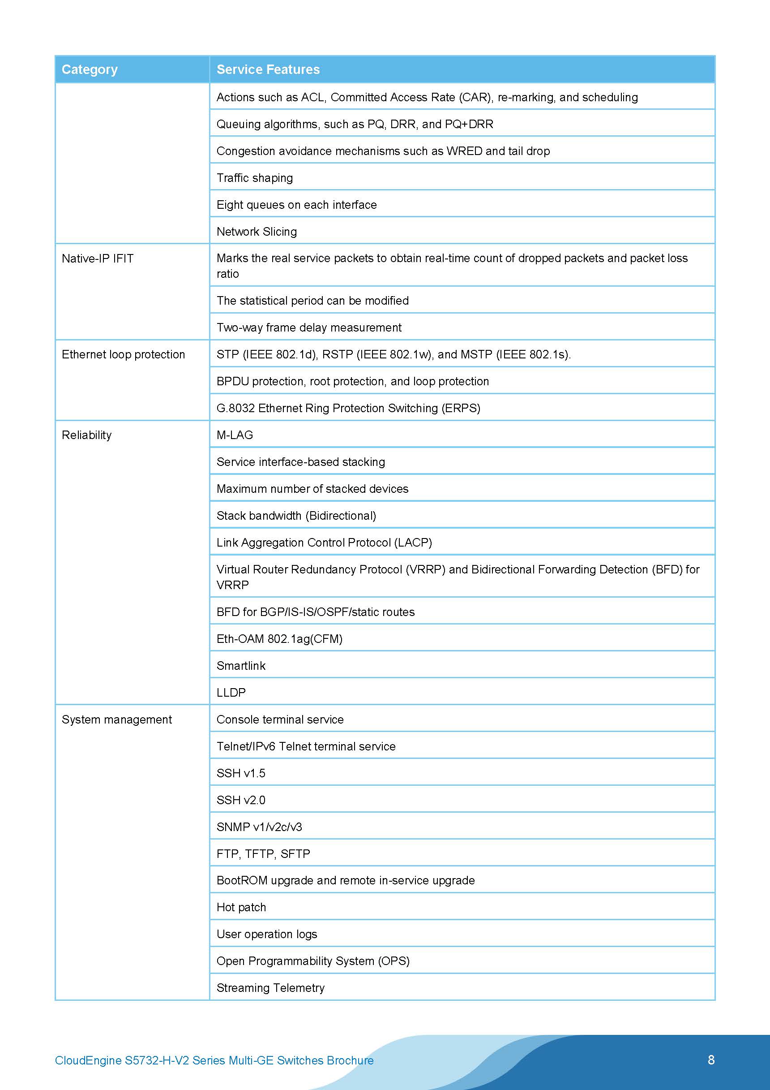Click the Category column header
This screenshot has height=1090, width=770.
click(x=89, y=69)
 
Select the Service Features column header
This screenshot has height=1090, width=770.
click(x=268, y=69)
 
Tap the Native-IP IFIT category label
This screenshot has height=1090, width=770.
click(x=98, y=258)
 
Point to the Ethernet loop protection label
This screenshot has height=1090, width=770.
click(x=124, y=354)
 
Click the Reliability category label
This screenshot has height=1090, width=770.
click(x=87, y=435)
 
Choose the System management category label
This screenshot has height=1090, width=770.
click(x=117, y=719)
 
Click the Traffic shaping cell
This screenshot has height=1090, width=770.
click(x=255, y=178)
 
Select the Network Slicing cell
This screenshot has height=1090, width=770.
click(x=257, y=232)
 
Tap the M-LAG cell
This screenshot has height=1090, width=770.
click(x=235, y=435)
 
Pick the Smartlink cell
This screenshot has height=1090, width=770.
click(x=241, y=666)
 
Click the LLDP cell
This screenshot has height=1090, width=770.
click(x=231, y=693)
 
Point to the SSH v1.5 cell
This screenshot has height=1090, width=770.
click(x=241, y=773)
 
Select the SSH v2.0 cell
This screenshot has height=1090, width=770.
click(x=241, y=800)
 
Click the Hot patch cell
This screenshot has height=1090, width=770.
click(x=241, y=907)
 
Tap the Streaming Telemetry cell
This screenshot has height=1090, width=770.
click(x=270, y=988)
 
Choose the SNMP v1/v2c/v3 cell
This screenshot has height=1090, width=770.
click(x=259, y=827)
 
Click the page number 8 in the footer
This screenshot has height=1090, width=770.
click(x=711, y=1060)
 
